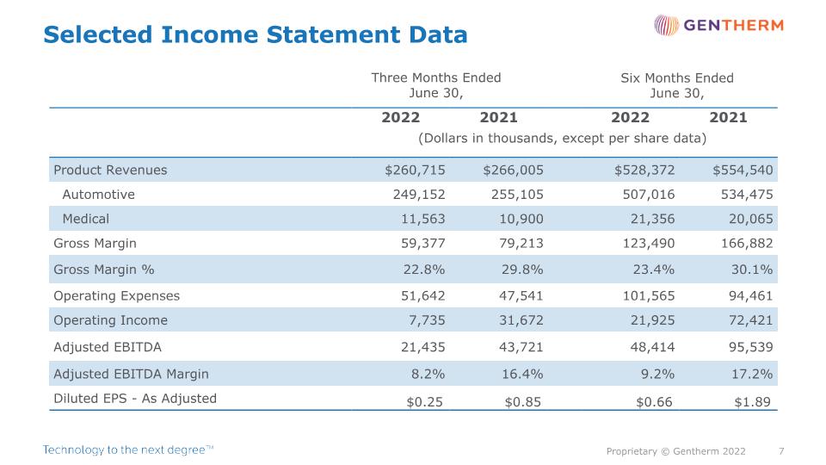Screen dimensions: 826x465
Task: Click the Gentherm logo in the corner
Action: pos(718,25)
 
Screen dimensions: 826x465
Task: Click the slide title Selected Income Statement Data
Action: pos(256,34)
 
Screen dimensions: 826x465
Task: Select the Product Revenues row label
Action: pos(110,170)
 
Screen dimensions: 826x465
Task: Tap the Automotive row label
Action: pos(98,195)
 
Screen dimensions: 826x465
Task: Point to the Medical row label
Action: pos(86,219)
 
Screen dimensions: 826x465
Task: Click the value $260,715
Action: pos(415,170)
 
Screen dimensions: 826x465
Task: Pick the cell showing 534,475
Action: pos(747,195)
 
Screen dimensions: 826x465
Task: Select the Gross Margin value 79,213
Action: pos(521,243)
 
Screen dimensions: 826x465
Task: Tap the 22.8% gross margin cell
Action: pos(424,270)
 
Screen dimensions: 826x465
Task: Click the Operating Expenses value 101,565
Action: pos(649,295)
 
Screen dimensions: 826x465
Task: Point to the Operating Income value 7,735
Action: pos(427,320)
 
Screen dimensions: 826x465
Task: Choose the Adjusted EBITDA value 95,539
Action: pos(750,347)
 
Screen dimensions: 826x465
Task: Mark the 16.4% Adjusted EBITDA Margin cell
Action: pos(522,374)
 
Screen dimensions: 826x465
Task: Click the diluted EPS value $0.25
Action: pos(424,402)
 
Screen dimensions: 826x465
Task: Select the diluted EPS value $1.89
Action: pos(752,402)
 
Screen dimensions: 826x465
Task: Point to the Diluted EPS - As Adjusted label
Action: pos(135,399)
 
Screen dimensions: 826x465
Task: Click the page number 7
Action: pos(781,451)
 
